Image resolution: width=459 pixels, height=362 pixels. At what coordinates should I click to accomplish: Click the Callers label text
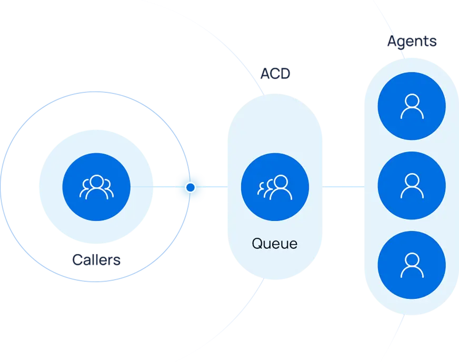tap(96, 259)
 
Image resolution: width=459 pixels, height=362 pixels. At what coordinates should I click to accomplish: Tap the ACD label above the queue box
tap(275, 74)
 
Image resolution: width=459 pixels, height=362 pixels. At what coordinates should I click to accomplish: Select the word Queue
tap(274, 244)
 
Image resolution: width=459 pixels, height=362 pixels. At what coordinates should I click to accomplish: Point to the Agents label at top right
tap(412, 42)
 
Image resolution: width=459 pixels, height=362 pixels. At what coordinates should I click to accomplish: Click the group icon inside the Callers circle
tap(96, 187)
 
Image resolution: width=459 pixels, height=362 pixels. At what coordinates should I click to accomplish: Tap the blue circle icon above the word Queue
tap(274, 187)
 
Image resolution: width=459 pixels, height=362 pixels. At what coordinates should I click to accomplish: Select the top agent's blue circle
tap(412, 106)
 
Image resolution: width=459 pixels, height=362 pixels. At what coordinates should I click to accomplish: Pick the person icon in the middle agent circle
tap(412, 186)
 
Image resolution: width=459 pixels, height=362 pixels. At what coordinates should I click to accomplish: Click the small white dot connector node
tap(191, 187)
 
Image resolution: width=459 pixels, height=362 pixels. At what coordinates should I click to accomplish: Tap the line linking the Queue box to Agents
tap(342, 187)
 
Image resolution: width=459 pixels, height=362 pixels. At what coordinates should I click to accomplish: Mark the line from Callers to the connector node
tap(164, 187)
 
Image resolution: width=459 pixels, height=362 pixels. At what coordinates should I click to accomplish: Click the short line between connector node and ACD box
tap(215, 187)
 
